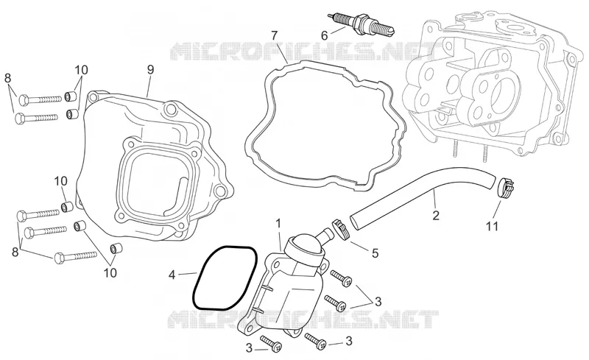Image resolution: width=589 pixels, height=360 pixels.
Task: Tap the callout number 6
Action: click(x=324, y=35)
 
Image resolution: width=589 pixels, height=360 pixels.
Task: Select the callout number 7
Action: click(x=274, y=36)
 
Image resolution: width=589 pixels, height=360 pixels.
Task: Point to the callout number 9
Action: click(x=150, y=69)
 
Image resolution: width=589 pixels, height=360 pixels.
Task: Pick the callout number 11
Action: click(x=492, y=226)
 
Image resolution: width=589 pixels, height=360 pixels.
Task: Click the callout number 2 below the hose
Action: click(x=436, y=215)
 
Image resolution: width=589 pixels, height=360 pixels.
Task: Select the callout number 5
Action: click(x=375, y=253)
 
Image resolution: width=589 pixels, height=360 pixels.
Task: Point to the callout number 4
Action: click(x=172, y=275)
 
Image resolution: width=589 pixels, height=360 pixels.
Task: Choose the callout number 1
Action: click(x=278, y=224)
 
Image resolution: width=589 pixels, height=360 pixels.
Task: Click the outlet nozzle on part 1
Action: click(x=324, y=236)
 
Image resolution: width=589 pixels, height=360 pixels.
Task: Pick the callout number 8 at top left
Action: click(x=7, y=78)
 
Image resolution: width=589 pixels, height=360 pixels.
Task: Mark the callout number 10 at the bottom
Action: click(x=110, y=272)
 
